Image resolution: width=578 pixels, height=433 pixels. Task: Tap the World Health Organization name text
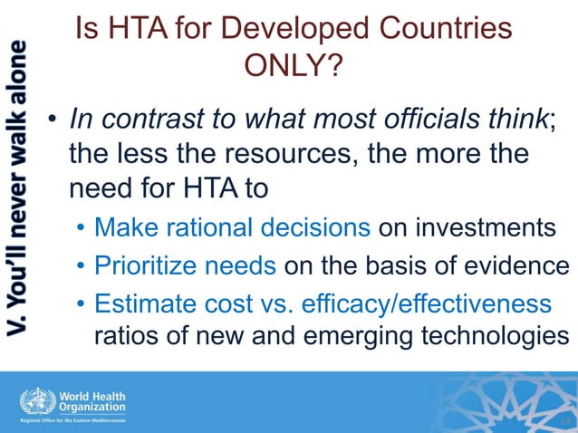pos(92,400)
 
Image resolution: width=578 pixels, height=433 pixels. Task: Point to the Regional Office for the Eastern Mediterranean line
pos(74,421)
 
